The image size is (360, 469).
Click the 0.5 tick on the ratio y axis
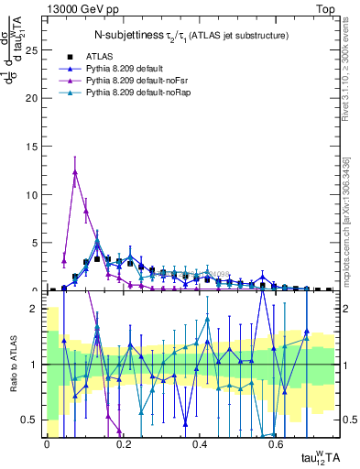click(32, 420)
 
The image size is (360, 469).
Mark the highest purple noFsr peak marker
click(75, 171)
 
